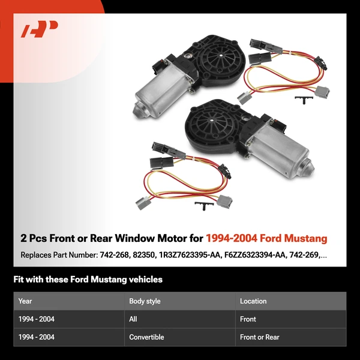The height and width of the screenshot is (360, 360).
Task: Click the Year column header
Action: (x=25, y=301)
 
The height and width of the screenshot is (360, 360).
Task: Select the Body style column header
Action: (x=145, y=301)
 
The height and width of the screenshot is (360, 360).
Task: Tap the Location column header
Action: (x=253, y=301)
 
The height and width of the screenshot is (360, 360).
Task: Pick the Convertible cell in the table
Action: (x=146, y=337)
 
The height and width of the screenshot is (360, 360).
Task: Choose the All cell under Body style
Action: (x=133, y=319)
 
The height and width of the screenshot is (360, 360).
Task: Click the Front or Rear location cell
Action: (x=260, y=337)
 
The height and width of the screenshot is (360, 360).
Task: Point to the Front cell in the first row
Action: (x=248, y=319)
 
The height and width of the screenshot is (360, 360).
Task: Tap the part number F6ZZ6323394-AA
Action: (x=262, y=255)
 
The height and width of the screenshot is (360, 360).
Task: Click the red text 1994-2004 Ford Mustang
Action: (x=266, y=238)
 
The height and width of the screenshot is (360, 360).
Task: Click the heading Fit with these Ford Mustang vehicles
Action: (x=88, y=280)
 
